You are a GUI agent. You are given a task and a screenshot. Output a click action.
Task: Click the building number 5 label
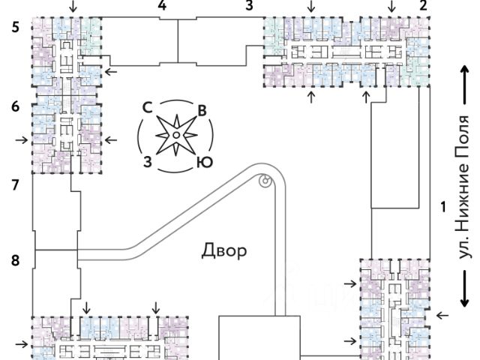coord(14,28)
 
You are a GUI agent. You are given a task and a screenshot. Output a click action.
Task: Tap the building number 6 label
coord(14,106)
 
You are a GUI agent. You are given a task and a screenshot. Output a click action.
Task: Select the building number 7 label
coord(14,184)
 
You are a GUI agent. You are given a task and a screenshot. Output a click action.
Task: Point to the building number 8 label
coord(14,260)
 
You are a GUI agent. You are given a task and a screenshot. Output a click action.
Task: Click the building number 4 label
coord(162,5)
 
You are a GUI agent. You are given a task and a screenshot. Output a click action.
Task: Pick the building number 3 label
coord(249,5)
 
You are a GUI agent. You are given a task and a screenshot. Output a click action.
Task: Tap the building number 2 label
coord(424,5)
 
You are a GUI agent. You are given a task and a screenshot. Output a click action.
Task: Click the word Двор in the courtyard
coord(223,250)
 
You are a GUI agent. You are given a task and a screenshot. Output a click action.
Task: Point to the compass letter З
coord(148,161)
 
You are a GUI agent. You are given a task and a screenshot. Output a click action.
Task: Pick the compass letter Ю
coord(202,161)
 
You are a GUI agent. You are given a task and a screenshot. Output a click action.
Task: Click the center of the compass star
coord(175,136)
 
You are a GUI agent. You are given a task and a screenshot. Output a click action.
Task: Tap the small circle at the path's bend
coord(264,180)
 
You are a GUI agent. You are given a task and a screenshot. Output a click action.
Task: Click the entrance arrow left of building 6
coord(23,139)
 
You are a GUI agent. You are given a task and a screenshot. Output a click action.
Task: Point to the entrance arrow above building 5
coord(72,6)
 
